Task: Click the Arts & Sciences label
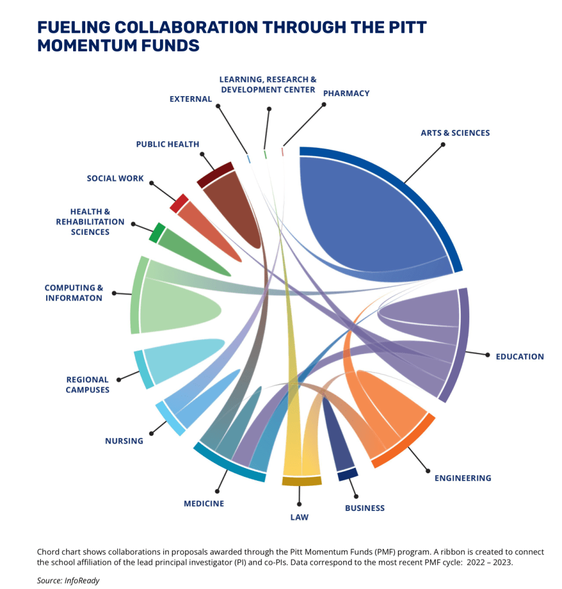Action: coord(455,133)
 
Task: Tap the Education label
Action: coord(519,356)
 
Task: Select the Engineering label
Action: coord(462,478)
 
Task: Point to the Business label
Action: coord(364,508)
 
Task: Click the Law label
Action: coord(299,517)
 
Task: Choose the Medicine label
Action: coord(204,503)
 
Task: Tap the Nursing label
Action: coord(124,441)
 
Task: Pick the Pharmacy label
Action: coord(346,93)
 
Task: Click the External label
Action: coord(191,99)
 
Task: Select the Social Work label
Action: coord(115,178)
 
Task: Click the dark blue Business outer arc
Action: coord(348,474)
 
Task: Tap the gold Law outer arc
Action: coord(301,481)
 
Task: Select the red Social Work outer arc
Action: coord(179,203)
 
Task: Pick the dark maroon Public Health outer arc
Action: coord(215,174)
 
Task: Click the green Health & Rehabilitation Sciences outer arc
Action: coord(157,233)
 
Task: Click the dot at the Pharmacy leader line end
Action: coord(324,105)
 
